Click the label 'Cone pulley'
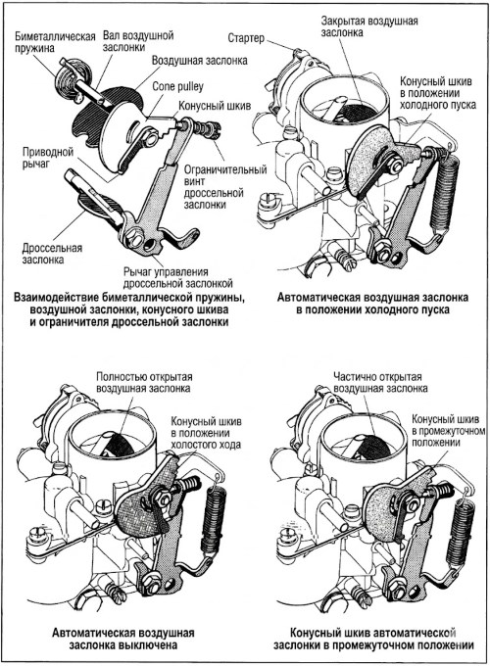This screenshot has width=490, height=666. (x=177, y=86)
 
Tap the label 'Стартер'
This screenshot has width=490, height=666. (x=246, y=38)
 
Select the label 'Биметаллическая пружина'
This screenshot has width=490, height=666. (x=55, y=41)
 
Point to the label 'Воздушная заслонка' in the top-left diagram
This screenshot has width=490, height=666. (x=200, y=61)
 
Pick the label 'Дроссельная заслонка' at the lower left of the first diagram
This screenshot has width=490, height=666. (x=52, y=253)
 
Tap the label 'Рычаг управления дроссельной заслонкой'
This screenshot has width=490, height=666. (x=178, y=277)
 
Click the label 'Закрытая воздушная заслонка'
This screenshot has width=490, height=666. (x=369, y=26)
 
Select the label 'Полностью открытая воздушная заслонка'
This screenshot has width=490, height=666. (x=144, y=382)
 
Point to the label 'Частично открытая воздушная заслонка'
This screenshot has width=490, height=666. (x=380, y=382)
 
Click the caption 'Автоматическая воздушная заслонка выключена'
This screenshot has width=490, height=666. (x=123, y=639)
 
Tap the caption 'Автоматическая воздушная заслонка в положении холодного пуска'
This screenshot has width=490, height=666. (x=372, y=304)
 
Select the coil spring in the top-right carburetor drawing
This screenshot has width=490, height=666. (x=445, y=192)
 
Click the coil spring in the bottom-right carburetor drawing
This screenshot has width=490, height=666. (x=464, y=522)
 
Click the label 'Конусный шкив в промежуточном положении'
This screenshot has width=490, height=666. (x=448, y=431)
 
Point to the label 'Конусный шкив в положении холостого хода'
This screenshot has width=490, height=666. (x=206, y=433)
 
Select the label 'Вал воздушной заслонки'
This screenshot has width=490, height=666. (x=138, y=41)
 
